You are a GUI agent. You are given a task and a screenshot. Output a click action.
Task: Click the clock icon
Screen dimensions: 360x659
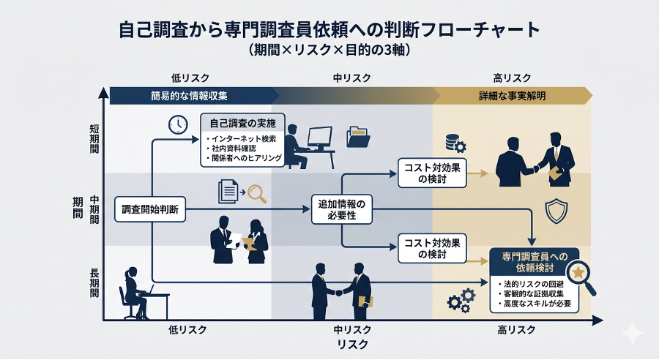point(177,124)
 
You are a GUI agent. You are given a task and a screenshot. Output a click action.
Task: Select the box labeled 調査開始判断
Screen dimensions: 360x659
point(152,210)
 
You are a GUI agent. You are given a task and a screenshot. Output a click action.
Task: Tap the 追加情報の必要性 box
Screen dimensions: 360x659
point(341,210)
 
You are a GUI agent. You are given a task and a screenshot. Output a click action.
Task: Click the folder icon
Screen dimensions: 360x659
point(359,137)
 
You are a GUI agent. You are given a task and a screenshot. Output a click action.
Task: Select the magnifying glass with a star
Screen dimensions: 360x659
point(581,275)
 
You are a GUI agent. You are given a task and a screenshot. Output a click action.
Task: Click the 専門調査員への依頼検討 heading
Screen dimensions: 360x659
point(532,262)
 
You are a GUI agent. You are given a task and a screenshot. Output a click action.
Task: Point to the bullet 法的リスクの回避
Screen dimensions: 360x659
point(532,282)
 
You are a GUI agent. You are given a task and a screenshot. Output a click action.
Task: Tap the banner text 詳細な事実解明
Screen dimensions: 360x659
point(513,96)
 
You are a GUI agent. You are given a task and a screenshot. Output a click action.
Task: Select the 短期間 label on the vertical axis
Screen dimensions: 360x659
point(94,138)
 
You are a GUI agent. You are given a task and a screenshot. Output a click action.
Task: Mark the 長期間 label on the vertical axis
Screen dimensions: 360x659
point(94,282)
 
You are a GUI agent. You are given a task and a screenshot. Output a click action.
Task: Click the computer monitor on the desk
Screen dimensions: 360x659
point(319,137)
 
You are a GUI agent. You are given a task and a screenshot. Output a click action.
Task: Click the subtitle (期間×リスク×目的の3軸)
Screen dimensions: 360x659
point(329,50)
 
